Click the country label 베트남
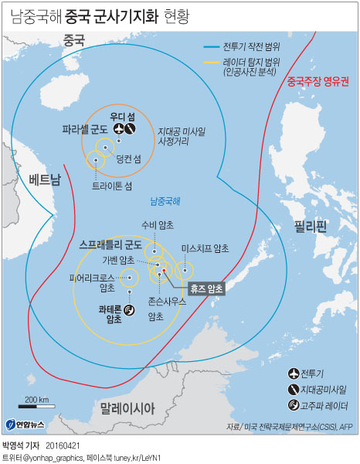(44, 179)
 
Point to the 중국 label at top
(74, 40)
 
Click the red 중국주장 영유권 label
(318, 80)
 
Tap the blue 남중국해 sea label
(165, 201)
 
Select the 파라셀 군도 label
(85, 129)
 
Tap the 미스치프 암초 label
(205, 247)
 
